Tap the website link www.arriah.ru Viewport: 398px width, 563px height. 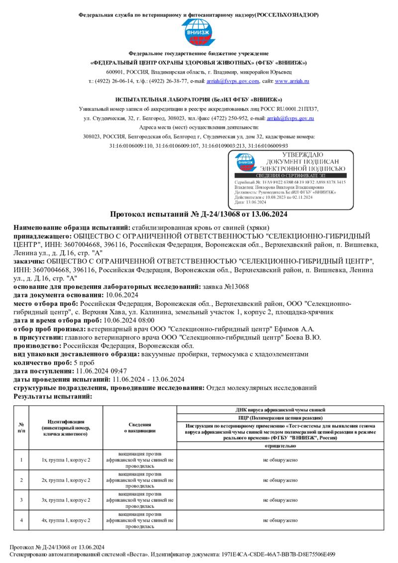tap(292, 81)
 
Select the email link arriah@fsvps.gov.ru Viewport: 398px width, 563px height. tap(290, 118)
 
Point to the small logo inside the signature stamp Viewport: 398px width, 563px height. tap(245, 161)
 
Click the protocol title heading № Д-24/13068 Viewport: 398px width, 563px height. tap(199, 214)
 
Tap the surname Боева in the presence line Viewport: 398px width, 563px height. tap(300, 337)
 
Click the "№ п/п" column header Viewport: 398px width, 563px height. tap(21, 428)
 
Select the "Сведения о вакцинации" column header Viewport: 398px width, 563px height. tap(140, 428)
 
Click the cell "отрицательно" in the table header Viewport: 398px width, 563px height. tap(281, 446)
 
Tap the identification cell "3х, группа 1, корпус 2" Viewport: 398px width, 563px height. tap(66, 500)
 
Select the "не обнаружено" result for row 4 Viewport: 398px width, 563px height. tap(281, 520)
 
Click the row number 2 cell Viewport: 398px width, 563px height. tap(21, 480)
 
